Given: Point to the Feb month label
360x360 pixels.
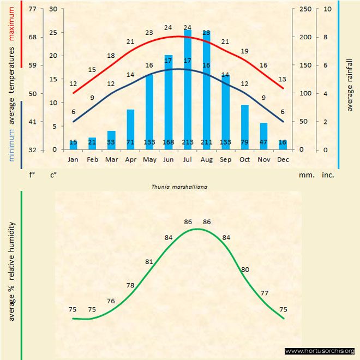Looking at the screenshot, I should (x=92, y=159).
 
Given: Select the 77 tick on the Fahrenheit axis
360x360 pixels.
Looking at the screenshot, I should (x=32, y=9).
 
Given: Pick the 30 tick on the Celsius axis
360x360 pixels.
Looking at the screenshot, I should (x=53, y=9).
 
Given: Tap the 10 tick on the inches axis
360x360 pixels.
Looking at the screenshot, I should (x=326, y=9).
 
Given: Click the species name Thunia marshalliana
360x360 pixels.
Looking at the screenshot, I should (x=180, y=186).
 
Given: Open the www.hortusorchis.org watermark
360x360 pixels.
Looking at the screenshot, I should (x=320, y=351).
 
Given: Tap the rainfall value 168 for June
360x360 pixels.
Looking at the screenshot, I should (x=169, y=143).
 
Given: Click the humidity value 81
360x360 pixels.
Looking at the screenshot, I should (x=149, y=261).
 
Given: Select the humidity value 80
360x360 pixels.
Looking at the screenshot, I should (x=245, y=269).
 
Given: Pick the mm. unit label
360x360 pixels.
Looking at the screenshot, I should (x=304, y=176).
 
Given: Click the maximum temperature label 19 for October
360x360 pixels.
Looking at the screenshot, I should (x=244, y=51).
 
